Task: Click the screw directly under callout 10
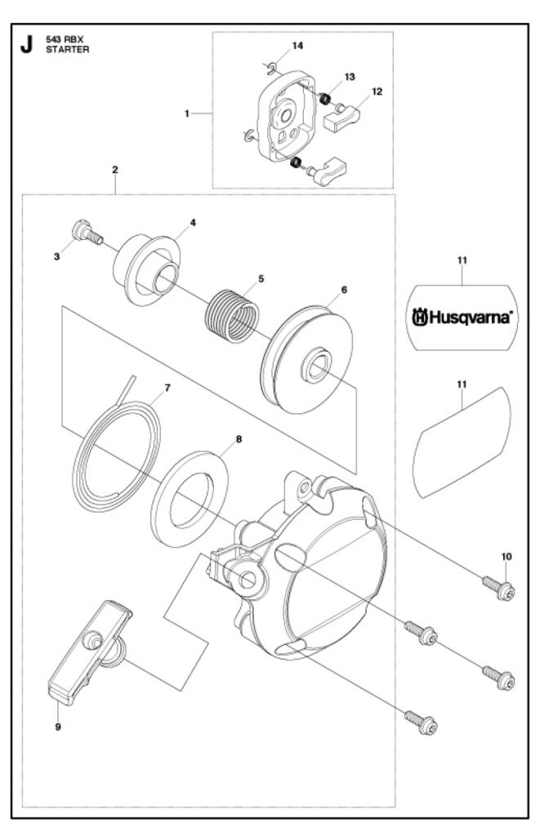498,588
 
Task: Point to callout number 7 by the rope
167,388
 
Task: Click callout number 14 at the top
297,46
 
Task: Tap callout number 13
349,76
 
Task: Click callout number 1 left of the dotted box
187,113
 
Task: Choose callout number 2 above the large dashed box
115,170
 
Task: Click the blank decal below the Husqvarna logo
461,440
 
